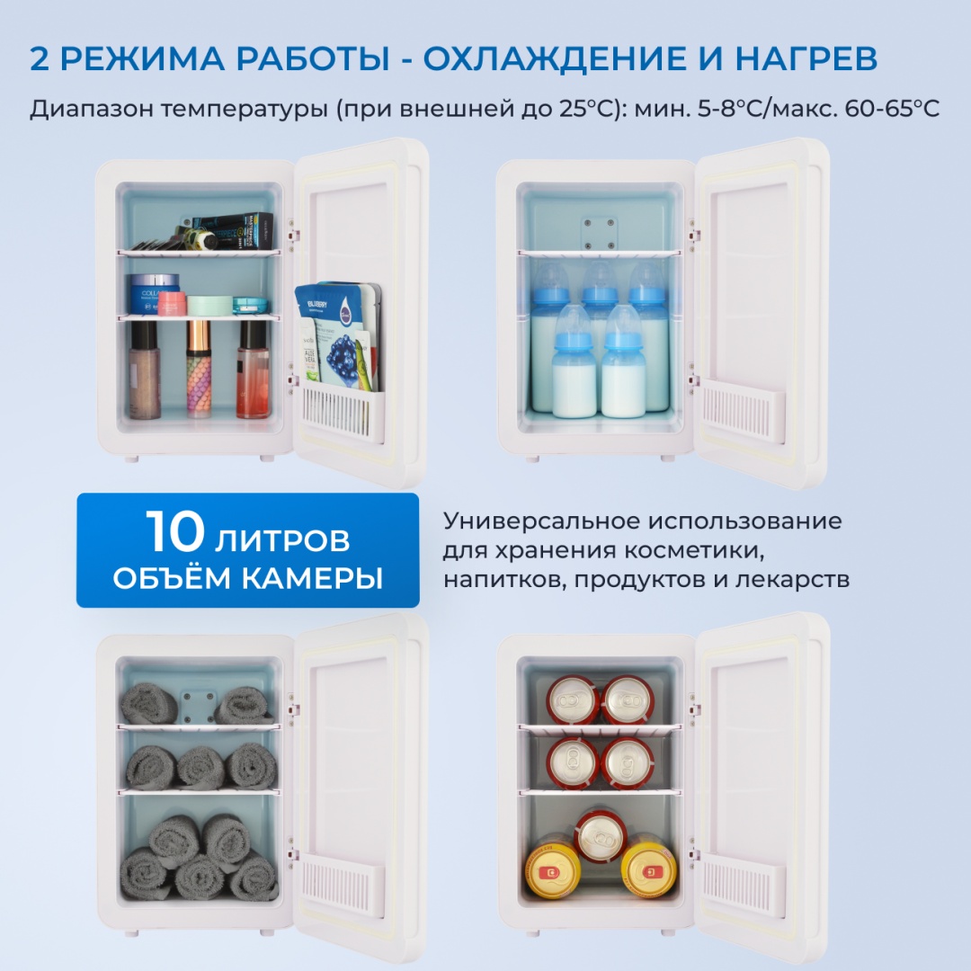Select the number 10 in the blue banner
175,531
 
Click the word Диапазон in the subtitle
92,110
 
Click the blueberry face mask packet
337,335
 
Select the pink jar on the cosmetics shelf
172,304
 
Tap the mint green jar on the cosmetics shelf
209,305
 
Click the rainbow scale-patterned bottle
199,369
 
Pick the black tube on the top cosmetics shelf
232,229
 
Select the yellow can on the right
648,865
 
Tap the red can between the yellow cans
600,837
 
